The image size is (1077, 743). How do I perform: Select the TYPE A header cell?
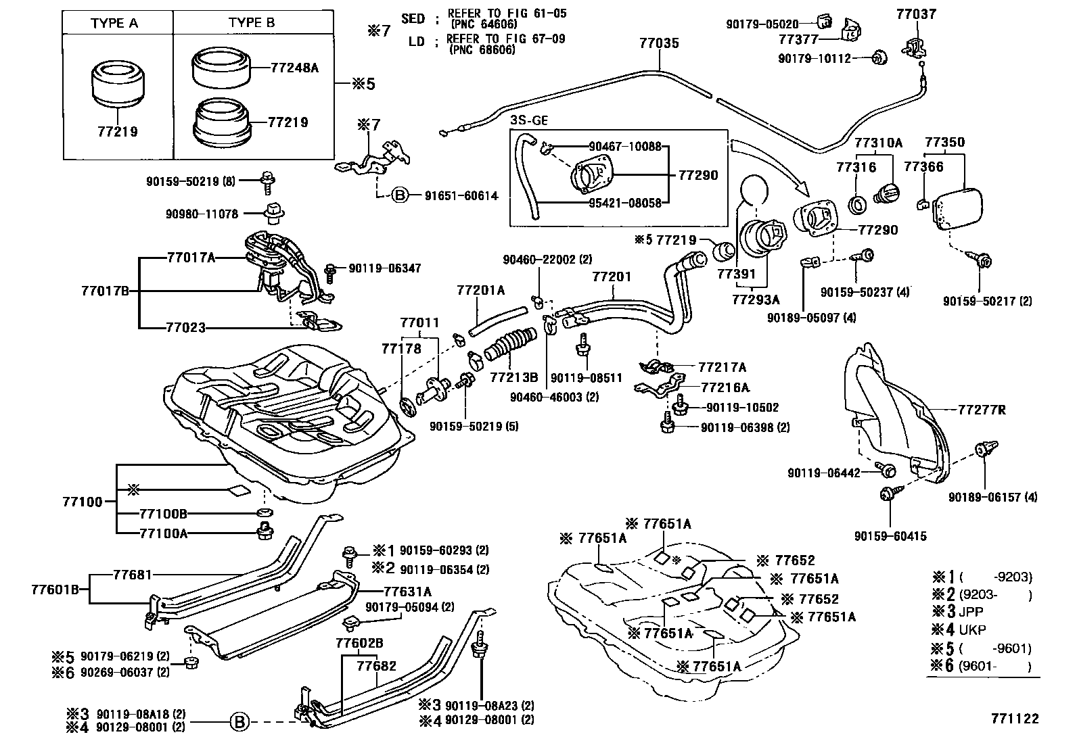tap(114, 23)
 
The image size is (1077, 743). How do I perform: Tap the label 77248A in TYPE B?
tap(294, 68)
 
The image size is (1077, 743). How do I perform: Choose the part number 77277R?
tap(982, 409)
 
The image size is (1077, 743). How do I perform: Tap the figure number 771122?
tap(1015, 719)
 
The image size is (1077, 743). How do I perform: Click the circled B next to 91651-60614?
tap(399, 196)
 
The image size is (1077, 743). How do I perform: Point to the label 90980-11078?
tap(202, 214)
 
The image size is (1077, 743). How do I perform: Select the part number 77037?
tap(916, 14)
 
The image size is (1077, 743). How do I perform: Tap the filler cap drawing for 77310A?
tap(886, 193)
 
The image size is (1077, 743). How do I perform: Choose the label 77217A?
tap(722, 367)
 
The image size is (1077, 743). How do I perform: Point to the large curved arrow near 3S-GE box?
tap(771, 162)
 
